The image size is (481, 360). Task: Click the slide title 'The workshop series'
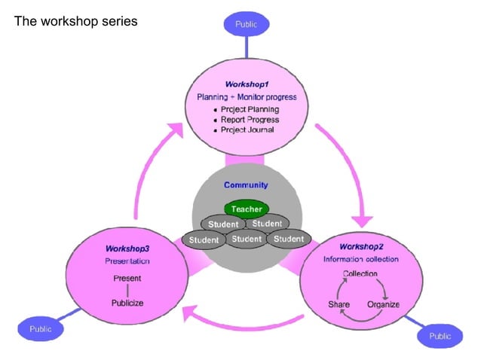(76, 21)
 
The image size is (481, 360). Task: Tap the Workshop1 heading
(247, 84)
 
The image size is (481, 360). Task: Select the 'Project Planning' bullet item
(250, 109)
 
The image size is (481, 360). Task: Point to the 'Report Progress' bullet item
(250, 120)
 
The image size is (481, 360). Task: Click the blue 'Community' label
(246, 185)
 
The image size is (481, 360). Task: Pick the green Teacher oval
(246, 208)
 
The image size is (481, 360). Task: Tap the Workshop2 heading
(362, 246)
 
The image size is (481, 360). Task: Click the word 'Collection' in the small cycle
(360, 273)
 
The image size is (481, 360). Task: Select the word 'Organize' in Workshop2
(383, 304)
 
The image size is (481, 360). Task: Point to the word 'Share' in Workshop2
(339, 304)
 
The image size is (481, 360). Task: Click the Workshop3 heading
(127, 249)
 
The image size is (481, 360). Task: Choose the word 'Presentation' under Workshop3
(127, 261)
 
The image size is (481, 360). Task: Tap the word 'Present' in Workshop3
(127, 279)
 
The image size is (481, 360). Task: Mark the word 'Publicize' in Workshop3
(127, 303)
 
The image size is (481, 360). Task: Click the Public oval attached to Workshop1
(247, 24)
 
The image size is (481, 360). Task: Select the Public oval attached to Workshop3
(41, 329)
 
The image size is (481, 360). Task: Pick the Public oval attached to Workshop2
(440, 336)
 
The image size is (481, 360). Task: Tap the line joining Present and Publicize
(127, 291)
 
